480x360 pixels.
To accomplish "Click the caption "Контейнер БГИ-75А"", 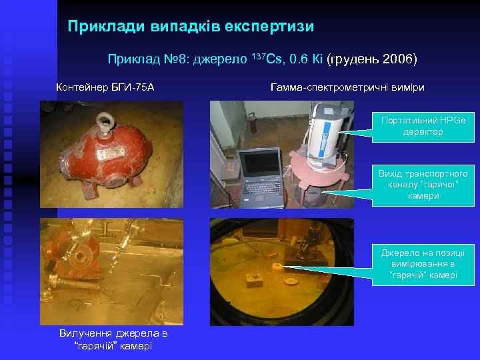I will pyautogui.click(x=105, y=87).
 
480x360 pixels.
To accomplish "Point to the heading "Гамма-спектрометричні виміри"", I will pyautogui.click(x=347, y=87).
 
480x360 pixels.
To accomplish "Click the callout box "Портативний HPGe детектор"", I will pyautogui.click(x=423, y=125).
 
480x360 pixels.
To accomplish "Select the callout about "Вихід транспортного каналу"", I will pyautogui.click(x=423, y=185).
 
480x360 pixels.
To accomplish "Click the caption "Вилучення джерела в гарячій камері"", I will pyautogui.click(x=113, y=339).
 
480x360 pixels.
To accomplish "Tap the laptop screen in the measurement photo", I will pyautogui.click(x=258, y=167).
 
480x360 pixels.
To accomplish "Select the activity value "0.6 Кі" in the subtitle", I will pyautogui.click(x=307, y=59).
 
